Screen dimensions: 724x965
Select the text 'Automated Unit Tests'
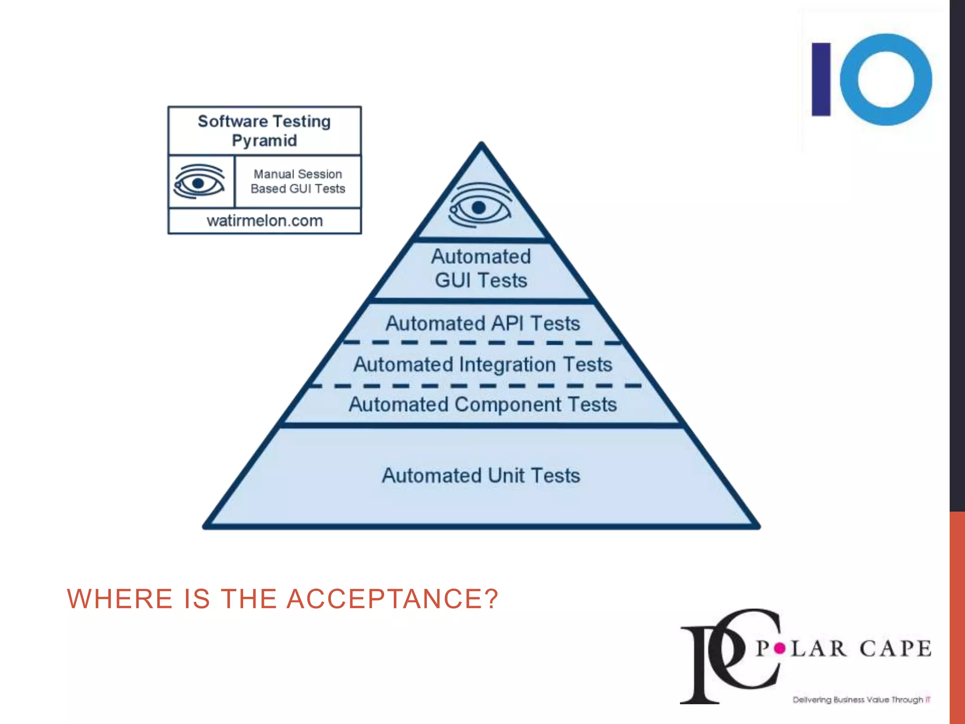click(481, 475)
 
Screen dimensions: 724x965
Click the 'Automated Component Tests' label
click(482, 404)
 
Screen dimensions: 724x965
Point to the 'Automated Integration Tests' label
click(482, 364)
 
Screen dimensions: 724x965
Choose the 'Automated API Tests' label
click(482, 323)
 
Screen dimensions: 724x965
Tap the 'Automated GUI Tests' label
click(481, 268)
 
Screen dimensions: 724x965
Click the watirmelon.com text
click(265, 221)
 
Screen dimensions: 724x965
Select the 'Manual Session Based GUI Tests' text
click(298, 181)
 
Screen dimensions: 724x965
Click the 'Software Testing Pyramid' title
click(264, 131)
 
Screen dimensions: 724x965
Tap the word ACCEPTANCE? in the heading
click(392, 599)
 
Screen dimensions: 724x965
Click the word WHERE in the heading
click(120, 599)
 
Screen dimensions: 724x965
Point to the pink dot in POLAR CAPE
click(780, 649)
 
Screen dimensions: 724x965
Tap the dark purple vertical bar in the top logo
click(821, 79)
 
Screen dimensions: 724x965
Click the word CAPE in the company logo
click(895, 649)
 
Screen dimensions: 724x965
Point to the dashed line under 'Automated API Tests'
click(482, 343)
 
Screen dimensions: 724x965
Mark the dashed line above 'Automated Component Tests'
click(476, 386)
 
